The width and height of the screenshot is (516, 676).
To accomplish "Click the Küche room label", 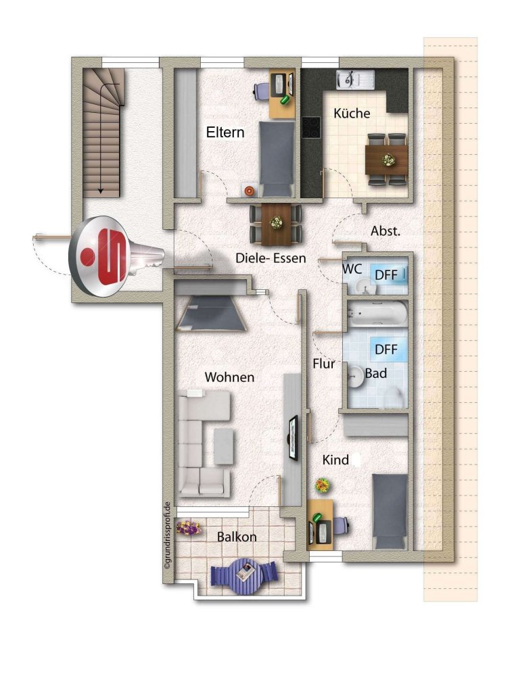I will click(352, 114).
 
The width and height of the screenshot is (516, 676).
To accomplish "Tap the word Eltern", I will click(225, 132).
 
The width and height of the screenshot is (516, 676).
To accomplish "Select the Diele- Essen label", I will click(271, 258).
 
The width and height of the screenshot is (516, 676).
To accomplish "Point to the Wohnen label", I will click(230, 377).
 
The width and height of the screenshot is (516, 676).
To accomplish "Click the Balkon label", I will click(237, 537).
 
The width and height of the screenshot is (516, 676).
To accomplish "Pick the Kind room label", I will click(335, 460).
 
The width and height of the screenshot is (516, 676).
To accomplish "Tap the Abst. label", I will click(385, 231).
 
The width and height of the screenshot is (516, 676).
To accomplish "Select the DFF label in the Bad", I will click(386, 349).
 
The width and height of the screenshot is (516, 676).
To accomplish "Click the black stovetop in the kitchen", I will click(310, 128).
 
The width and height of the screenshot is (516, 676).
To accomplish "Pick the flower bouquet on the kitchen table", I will click(388, 160).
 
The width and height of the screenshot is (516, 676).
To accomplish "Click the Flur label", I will click(324, 364).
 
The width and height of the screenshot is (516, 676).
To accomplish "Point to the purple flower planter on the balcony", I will click(189, 527).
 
